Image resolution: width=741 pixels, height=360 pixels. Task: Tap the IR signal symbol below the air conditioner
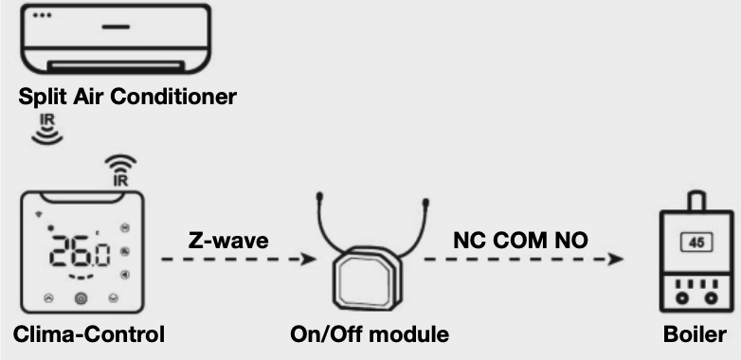46,131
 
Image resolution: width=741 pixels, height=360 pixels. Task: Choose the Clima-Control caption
90,334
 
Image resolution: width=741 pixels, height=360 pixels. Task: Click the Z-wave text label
227,241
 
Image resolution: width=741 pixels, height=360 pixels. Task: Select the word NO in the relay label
573,241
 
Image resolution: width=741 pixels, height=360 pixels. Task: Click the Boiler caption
696,334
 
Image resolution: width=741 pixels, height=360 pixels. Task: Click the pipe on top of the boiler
696,202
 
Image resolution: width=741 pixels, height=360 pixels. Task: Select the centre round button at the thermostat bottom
81,298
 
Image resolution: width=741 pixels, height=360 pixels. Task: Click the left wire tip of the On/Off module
321,198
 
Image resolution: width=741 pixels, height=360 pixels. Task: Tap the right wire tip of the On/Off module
426,200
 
